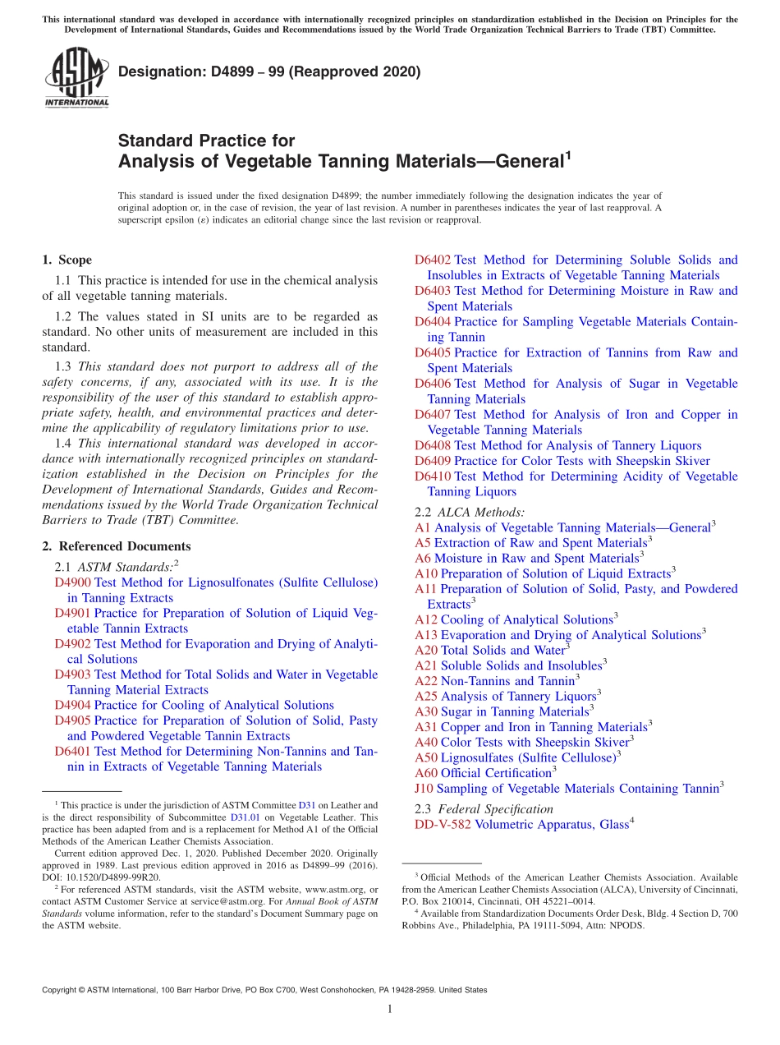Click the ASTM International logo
point(76,79)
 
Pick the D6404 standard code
point(433,322)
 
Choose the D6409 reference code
point(433,461)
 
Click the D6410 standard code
point(433,476)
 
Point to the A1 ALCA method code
point(423,528)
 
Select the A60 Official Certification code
point(426,774)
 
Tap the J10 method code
point(425,789)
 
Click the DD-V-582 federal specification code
point(443,825)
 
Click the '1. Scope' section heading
point(67,260)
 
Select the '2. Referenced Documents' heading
point(116,546)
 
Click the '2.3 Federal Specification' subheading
point(484,809)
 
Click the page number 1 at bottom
point(390,1010)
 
